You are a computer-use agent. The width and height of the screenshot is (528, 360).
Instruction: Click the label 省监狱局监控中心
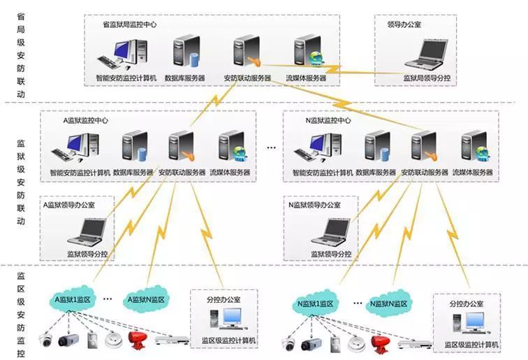129,24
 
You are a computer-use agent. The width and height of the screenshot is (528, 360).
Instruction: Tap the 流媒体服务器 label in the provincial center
306,78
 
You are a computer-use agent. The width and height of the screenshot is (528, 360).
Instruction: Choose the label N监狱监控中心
328,120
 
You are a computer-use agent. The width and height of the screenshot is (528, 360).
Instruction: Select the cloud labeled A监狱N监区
145,299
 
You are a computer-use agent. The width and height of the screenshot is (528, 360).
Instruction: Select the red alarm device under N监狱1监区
379,343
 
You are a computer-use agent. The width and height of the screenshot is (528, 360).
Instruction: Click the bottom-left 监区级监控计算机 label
229,340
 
